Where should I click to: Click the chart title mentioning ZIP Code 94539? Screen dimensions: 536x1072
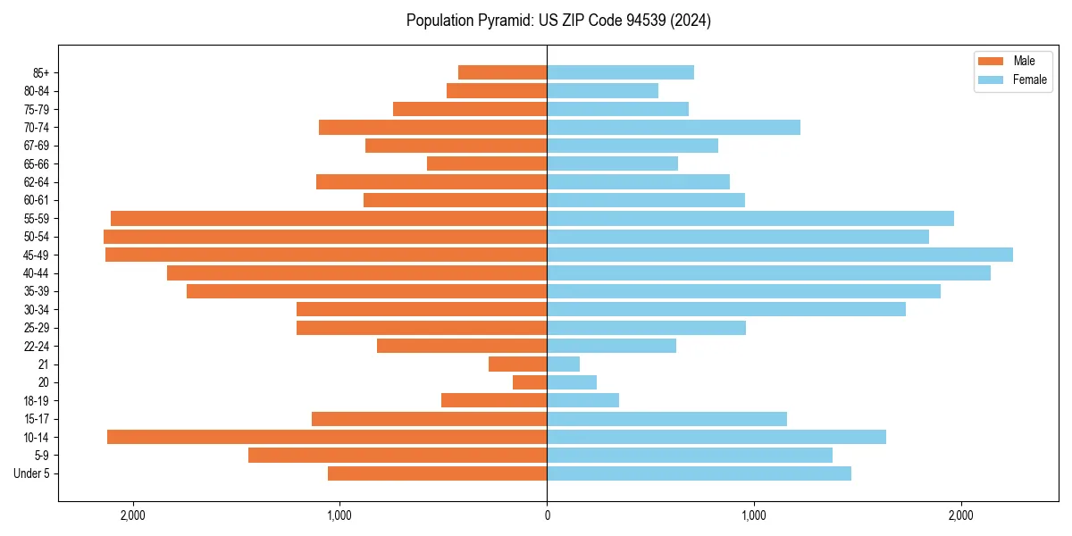coord(558,21)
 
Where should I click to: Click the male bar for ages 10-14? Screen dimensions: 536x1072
coord(327,437)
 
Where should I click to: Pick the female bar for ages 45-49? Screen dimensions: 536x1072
coord(780,255)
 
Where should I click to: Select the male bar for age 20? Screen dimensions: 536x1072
coord(530,382)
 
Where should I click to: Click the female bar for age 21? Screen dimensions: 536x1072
coord(564,364)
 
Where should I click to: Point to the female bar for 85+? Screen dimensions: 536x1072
coord(620,72)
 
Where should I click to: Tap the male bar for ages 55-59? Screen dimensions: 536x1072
coord(329,218)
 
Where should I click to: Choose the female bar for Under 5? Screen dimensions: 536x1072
coord(699,473)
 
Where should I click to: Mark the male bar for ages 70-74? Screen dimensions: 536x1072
coord(432,127)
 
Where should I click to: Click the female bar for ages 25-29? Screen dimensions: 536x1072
coord(646,328)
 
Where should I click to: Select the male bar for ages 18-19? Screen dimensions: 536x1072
coord(494,400)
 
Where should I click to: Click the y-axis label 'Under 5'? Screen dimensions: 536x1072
coord(31,473)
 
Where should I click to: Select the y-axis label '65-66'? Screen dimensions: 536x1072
coord(37,163)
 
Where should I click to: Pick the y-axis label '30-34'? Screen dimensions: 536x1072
coord(37,310)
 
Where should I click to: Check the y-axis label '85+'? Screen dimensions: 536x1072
coord(40,72)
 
